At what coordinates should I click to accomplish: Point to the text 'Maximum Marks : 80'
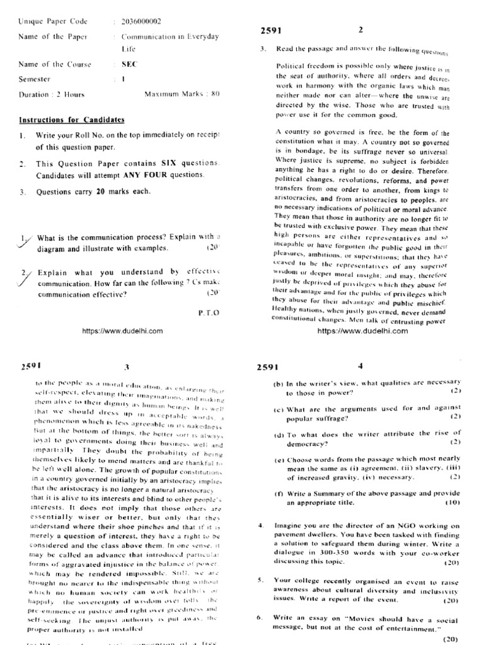(x=181, y=94)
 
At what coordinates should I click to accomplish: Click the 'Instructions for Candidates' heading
(x=71, y=120)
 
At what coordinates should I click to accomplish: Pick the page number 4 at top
(x=360, y=365)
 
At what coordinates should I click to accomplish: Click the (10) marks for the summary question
(x=454, y=503)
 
